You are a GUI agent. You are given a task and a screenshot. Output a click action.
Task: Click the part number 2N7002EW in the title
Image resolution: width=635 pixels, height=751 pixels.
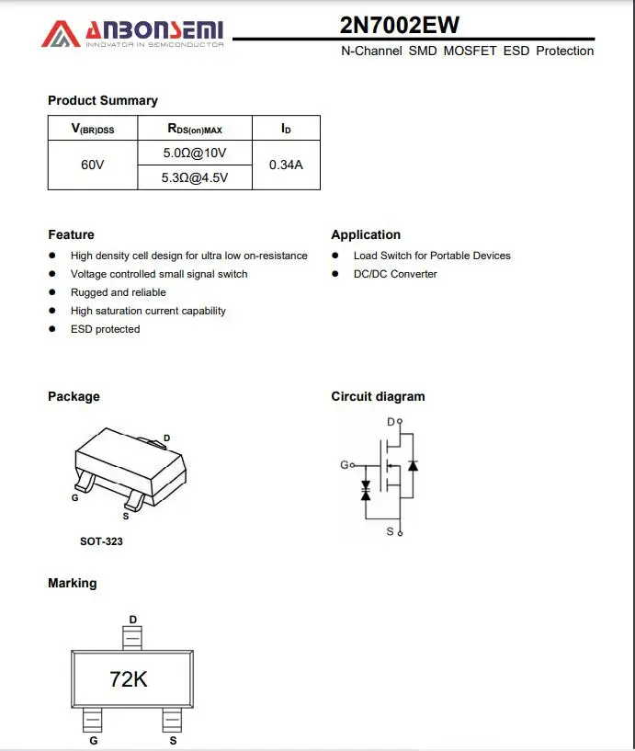(x=400, y=25)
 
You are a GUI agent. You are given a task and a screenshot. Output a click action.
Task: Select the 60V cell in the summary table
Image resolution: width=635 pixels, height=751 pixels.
(x=93, y=165)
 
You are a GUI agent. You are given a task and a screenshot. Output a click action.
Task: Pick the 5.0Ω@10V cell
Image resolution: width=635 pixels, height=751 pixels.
(x=194, y=153)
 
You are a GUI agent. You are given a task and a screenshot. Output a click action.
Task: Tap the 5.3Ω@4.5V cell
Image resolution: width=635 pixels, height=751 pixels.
(x=194, y=177)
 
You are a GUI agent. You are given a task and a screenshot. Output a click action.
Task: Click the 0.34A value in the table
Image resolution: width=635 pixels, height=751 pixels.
(x=286, y=165)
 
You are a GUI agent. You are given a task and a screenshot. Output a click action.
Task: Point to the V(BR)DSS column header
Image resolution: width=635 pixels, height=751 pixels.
(x=93, y=129)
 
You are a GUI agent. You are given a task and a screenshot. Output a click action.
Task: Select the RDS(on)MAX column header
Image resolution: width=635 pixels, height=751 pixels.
(x=194, y=129)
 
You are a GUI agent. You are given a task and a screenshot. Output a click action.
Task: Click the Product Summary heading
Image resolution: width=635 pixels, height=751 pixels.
(x=103, y=100)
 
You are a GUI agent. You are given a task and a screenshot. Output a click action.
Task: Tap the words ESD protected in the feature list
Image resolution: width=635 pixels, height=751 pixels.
(x=106, y=329)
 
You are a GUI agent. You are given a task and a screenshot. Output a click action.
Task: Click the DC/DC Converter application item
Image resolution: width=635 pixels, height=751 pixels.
(x=395, y=274)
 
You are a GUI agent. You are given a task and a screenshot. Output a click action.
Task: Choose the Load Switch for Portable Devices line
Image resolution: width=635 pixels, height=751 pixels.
(x=432, y=256)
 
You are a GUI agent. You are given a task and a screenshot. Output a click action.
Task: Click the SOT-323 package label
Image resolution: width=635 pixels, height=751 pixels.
(x=101, y=541)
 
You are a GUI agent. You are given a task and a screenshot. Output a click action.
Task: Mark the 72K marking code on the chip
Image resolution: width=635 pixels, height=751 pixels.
(x=129, y=679)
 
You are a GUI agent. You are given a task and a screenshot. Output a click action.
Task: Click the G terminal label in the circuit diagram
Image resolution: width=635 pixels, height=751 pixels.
(x=344, y=465)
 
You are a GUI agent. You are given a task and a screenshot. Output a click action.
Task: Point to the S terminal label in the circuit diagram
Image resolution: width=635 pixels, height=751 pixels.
(x=390, y=531)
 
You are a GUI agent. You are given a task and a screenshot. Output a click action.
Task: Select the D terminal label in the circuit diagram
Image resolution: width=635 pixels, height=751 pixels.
(x=391, y=422)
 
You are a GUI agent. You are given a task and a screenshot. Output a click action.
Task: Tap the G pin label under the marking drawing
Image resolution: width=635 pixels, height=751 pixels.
(x=93, y=740)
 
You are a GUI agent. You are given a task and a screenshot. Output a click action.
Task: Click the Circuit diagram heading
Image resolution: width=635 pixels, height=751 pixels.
(x=378, y=396)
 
